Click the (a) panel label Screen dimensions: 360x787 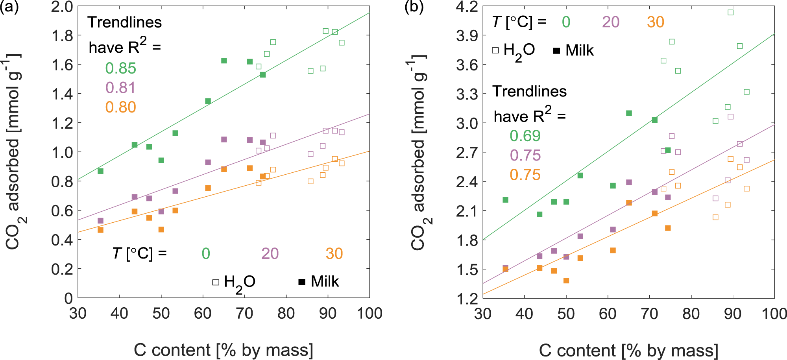[9, 7]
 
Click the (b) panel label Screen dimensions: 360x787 [414, 7]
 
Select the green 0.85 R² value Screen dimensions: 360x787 [120, 68]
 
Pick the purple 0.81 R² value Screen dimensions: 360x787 [120, 88]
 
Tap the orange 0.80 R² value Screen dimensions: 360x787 [120, 107]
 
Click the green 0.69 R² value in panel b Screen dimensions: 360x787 [525, 136]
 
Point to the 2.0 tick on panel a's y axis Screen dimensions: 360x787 [62, 7]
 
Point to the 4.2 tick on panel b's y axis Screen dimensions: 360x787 [467, 7]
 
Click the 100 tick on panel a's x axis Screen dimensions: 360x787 [369, 314]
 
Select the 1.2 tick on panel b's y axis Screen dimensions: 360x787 [467, 299]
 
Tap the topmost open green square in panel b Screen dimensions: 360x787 [730, 13]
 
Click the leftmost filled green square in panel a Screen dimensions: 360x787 [100, 171]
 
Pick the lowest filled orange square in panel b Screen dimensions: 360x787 [566, 281]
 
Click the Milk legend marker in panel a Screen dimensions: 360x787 [302, 282]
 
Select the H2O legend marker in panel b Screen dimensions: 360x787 [495, 50]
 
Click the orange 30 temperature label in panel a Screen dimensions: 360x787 [334, 254]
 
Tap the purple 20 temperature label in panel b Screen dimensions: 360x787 [611, 22]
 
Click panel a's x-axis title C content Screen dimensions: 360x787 [224, 350]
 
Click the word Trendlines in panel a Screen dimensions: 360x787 [124, 22]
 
